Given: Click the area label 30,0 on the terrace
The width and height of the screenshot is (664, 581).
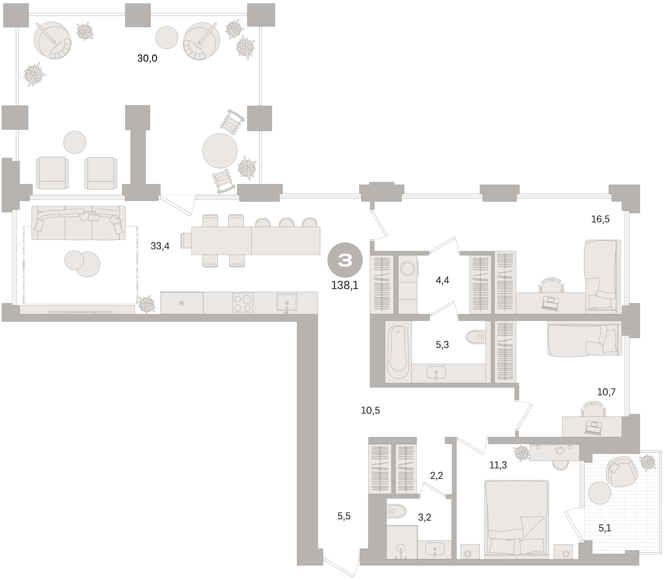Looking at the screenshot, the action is click(147, 58).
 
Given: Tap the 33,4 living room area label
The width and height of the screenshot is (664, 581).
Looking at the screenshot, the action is click(160, 246).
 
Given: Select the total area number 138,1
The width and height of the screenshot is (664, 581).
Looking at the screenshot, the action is click(345, 285).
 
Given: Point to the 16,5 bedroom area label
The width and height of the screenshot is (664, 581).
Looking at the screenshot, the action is click(600, 219).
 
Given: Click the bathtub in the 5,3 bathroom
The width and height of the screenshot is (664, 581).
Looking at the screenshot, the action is click(398, 352).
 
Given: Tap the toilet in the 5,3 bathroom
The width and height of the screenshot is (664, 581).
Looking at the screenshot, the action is click(476, 337).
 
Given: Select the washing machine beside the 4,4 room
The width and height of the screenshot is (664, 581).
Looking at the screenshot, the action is click(408, 269).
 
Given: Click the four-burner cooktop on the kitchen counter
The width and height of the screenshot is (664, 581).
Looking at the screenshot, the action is click(243, 303).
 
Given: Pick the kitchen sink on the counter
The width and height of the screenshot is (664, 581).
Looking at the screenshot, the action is click(287, 303).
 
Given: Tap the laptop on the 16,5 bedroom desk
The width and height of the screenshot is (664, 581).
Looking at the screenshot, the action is click(550, 303).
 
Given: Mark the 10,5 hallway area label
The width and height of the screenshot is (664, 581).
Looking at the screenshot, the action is click(370, 411).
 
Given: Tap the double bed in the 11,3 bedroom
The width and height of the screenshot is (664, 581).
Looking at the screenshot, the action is click(516, 519).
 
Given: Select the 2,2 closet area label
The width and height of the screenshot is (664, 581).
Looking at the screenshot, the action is click(436, 476).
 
